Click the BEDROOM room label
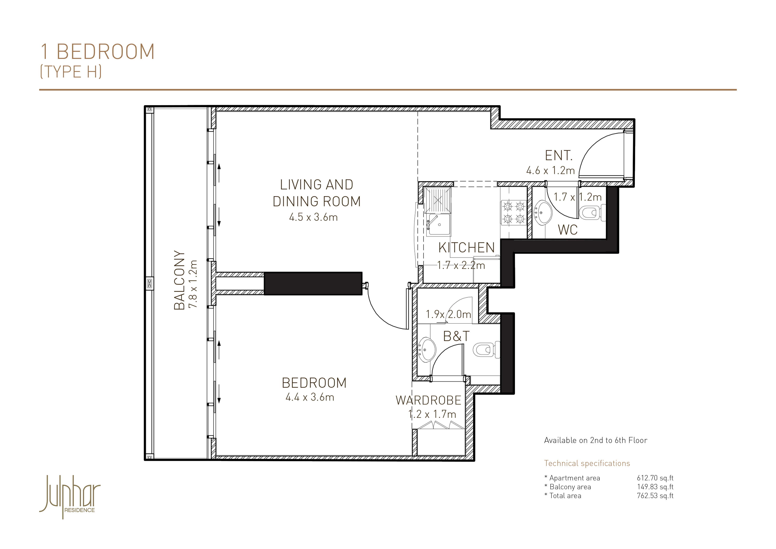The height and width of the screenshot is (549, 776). click(314, 383)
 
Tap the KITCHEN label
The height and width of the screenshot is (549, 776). click(466, 248)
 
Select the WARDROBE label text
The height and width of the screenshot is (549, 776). click(428, 400)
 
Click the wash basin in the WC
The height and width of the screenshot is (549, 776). click(543, 213)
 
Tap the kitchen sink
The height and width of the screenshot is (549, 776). click(438, 224)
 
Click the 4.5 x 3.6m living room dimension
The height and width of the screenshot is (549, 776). click(313, 217)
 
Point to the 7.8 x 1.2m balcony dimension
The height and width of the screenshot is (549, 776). click(193, 284)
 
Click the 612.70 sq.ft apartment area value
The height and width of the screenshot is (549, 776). click(655, 478)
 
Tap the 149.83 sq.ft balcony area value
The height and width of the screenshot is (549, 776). click(655, 487)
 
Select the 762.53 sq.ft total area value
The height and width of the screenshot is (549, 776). click(655, 496)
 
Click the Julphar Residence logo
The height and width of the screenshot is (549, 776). click(70, 496)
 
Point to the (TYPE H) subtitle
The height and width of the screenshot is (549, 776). click(71, 72)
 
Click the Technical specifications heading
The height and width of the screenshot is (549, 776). click(587, 463)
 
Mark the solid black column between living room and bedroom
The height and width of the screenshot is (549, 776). click(313, 283)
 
